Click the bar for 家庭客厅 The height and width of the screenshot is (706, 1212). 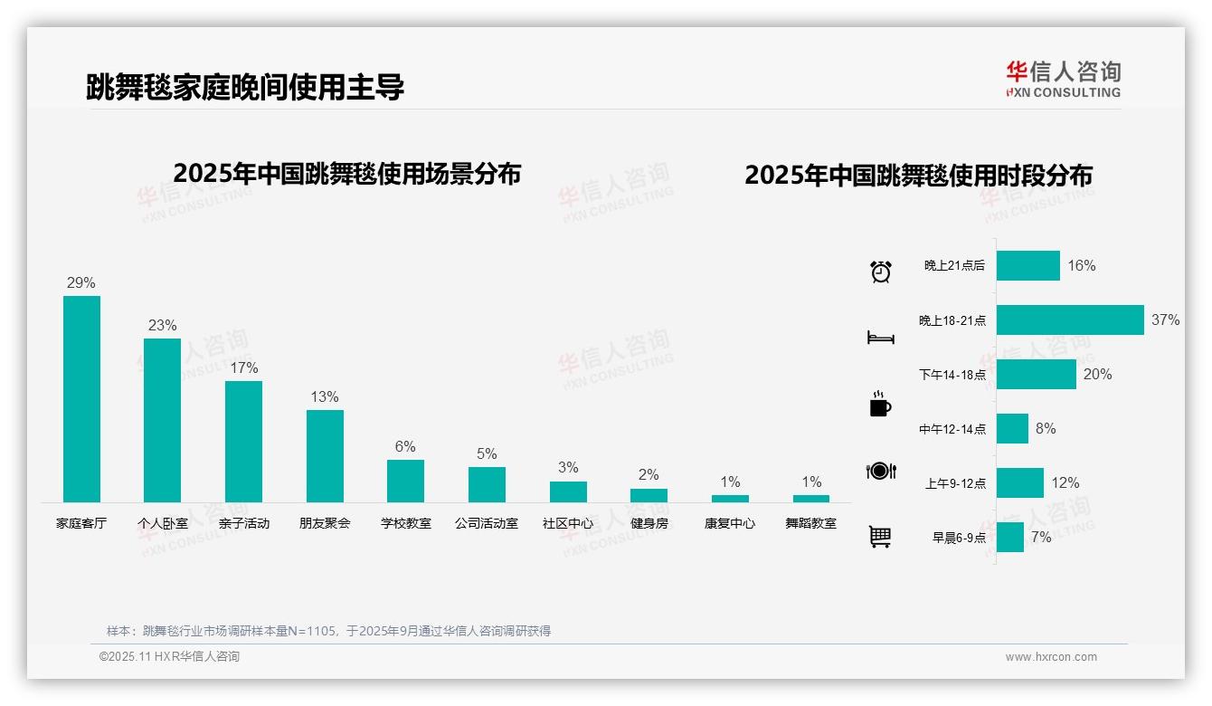point(81,399)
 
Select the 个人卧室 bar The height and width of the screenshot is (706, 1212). point(163,420)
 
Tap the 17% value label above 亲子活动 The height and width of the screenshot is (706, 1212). point(243,367)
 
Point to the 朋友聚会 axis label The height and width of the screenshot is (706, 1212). point(325,523)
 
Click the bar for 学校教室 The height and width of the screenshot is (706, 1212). point(405,481)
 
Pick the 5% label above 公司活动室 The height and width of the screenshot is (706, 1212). point(487,453)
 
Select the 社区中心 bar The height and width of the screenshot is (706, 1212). point(568,491)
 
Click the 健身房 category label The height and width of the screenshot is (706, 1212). point(649,523)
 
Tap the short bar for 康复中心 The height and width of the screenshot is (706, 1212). point(730,499)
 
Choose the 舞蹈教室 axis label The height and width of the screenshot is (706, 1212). point(810,523)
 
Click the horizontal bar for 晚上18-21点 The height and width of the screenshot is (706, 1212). point(1070,320)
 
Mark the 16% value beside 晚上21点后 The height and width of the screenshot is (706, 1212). point(1081,265)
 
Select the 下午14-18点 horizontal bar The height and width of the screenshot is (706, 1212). point(1037,375)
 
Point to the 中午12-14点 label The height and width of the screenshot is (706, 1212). point(952,429)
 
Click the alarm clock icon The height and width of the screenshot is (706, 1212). point(880,271)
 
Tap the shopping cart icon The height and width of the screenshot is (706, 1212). point(880,537)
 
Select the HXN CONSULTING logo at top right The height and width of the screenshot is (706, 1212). point(1063,80)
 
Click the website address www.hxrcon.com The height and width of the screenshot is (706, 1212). point(1051,657)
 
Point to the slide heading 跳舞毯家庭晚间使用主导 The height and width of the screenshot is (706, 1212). point(245,87)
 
